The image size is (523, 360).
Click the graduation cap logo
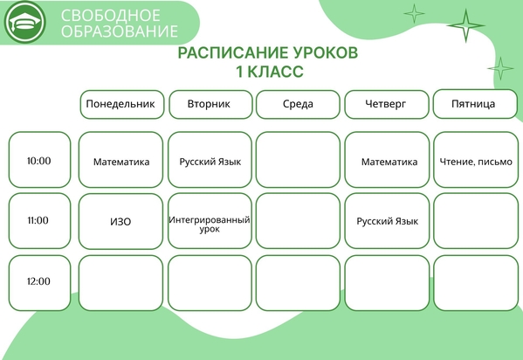point(25,22)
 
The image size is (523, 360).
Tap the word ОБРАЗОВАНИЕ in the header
point(120,31)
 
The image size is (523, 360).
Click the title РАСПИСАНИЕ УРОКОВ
point(267,52)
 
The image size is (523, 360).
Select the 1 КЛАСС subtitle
point(270,72)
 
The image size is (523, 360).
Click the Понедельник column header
point(122,105)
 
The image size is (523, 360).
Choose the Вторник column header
point(210,105)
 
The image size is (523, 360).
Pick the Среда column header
point(298,105)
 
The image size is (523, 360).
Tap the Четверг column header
point(387,105)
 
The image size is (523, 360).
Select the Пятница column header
point(475,104)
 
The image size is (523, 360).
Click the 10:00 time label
point(39,161)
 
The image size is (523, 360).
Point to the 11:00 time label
point(38,220)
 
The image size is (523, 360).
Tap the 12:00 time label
point(38,281)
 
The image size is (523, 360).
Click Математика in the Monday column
point(121,162)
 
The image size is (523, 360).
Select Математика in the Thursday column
point(389,162)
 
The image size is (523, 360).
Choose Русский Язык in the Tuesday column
point(210,162)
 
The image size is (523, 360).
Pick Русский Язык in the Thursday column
point(388,221)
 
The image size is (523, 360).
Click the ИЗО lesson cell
point(120,221)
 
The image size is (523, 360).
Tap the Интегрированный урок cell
point(210,221)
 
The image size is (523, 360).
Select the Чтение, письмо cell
point(476,160)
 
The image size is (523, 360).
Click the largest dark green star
point(465,25)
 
